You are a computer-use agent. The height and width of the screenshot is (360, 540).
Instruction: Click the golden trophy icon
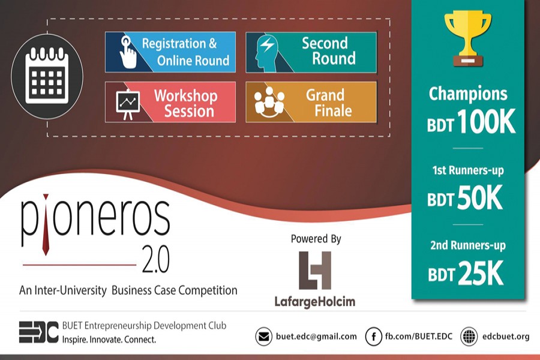coord(467,38)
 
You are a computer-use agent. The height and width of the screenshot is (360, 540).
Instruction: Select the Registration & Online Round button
coord(170,52)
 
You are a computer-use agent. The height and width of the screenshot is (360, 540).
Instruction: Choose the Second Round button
coord(311,52)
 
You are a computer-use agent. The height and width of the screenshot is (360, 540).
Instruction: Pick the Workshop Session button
coord(170,102)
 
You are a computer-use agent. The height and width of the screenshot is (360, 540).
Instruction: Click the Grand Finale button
coord(311,102)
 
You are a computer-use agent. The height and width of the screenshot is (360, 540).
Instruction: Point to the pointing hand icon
coord(128,52)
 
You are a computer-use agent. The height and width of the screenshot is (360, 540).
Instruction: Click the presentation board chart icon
coord(128,104)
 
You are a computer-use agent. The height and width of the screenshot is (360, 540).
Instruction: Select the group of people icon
coord(269,101)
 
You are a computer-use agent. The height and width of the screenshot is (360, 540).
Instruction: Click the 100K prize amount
coord(486,121)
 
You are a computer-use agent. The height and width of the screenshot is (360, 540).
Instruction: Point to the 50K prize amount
coord(480,197)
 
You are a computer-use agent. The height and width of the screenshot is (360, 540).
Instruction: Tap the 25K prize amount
coord(481,273)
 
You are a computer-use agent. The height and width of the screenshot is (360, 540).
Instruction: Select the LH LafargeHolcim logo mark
coord(315,271)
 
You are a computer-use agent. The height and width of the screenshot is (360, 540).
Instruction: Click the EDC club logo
coord(38,332)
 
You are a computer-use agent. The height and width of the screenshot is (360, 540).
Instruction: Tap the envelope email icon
coord(264,336)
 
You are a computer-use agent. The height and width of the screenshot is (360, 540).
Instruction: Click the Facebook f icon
coord(374,336)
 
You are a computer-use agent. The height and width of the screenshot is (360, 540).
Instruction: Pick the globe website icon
coord(469,336)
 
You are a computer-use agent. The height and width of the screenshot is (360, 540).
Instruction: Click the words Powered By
coord(316,239)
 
